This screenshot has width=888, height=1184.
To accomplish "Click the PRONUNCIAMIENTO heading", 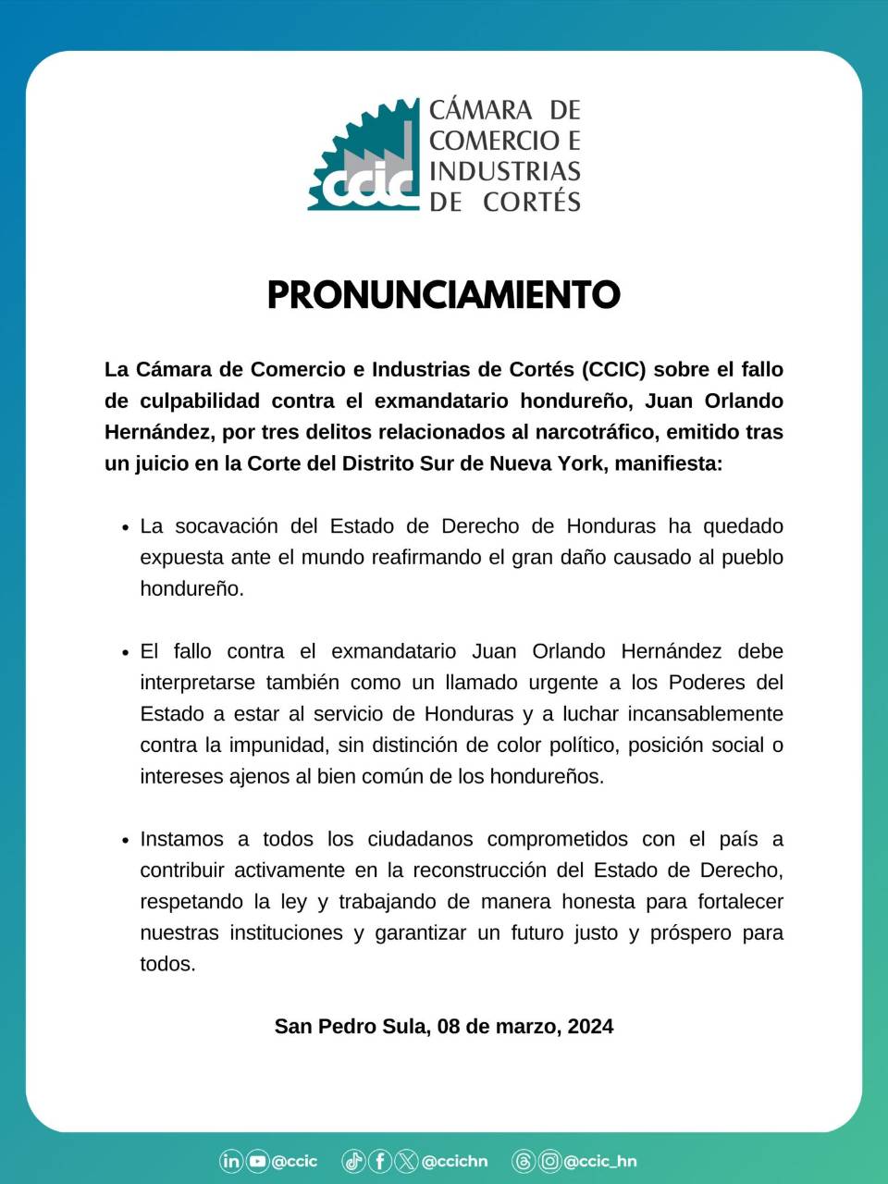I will (443, 294).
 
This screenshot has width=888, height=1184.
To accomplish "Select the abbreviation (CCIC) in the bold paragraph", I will (614, 369).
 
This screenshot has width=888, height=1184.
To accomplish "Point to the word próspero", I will (690, 933).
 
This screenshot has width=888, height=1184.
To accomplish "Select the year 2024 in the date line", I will (590, 1027).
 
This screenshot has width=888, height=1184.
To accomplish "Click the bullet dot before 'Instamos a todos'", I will (125, 841).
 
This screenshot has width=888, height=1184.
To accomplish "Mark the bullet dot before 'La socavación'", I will (125, 527).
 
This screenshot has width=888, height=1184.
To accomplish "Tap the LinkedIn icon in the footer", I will (231, 1161).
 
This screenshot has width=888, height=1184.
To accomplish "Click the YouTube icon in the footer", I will (257, 1161).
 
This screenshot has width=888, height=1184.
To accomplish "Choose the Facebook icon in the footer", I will (380, 1161).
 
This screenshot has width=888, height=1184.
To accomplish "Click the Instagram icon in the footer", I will (549, 1161).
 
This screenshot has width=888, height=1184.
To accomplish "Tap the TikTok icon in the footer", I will (353, 1161).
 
